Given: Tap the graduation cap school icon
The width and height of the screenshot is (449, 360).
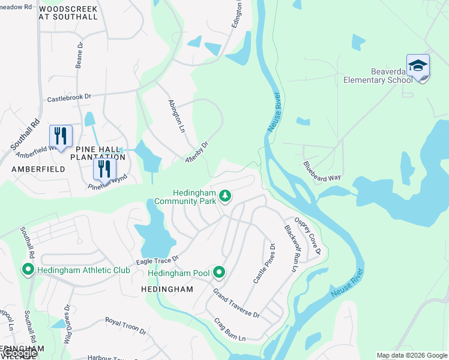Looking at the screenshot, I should (418, 66).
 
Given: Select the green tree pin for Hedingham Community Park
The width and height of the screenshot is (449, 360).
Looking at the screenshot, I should (225, 196).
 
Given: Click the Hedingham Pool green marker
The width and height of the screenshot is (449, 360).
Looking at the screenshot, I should (219, 273).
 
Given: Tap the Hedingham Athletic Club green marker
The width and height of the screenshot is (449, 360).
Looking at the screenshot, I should (28, 270).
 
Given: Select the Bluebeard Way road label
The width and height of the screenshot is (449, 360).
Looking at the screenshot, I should (322, 171).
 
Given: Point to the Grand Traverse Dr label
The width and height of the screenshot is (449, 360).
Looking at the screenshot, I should (237, 303).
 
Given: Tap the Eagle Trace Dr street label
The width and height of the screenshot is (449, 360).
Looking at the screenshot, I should (158, 259).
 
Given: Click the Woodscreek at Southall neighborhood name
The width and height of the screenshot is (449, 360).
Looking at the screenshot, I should (67, 13).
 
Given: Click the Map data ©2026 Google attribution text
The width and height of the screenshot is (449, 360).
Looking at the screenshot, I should (411, 355).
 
